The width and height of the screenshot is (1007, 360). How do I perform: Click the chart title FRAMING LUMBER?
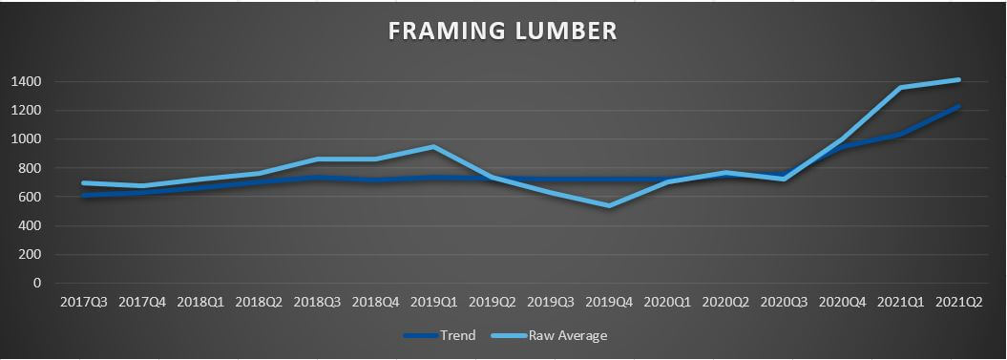[502, 31]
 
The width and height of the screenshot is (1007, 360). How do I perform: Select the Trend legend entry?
[456, 335]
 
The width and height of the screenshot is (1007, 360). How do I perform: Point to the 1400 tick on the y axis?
[26, 82]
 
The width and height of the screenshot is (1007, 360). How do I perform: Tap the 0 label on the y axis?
[37, 284]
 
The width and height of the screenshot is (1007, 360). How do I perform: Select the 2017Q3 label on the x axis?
[84, 302]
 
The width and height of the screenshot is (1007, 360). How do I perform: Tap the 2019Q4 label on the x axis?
[609, 302]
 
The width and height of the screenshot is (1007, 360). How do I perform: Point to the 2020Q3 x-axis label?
[784, 302]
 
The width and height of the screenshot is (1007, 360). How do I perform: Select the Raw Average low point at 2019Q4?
[609, 205]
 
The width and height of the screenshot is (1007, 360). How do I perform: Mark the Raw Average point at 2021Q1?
[900, 88]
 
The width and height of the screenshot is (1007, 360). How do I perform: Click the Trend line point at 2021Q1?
[900, 135]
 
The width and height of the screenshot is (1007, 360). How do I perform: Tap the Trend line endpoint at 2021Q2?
[958, 106]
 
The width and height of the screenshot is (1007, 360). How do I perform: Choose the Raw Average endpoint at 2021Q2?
[958, 80]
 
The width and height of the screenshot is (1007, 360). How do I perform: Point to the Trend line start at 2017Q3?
[84, 195]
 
